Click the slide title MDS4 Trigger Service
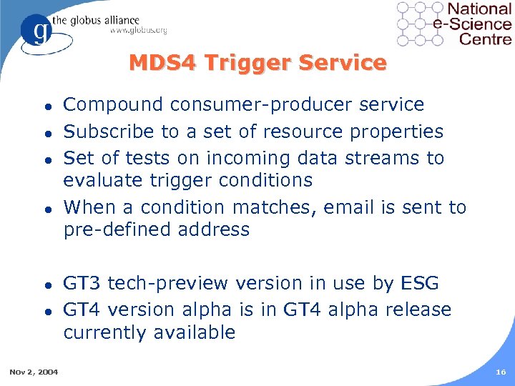click(257, 63)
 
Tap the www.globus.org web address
click(138, 30)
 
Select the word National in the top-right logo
click(479, 9)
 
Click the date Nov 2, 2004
click(34, 372)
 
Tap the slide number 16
click(500, 372)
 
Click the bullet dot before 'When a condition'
click(46, 209)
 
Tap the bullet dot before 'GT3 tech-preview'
click(46, 284)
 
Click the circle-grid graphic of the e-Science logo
click(420, 23)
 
